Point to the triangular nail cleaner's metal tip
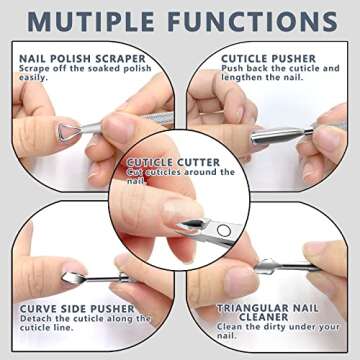(x=269, y=266)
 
